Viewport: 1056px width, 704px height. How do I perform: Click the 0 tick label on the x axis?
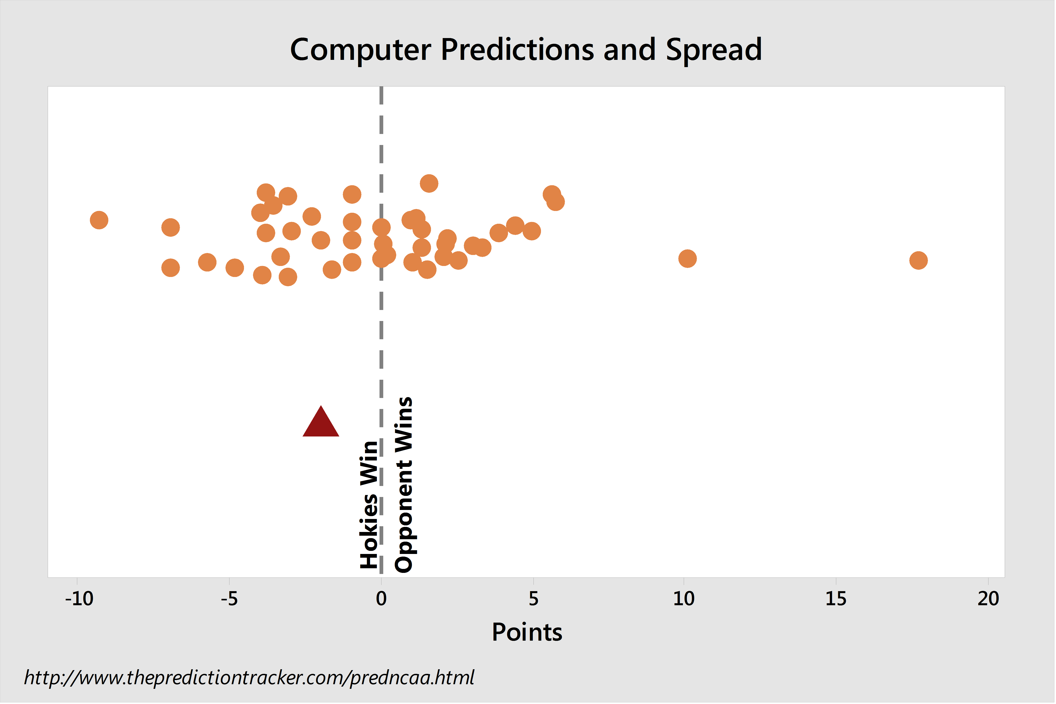coord(381,599)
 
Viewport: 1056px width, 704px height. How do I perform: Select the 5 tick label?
coord(533,599)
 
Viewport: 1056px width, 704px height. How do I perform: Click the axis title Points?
coord(527,633)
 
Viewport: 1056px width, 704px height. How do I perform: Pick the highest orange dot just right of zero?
coord(429,183)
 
